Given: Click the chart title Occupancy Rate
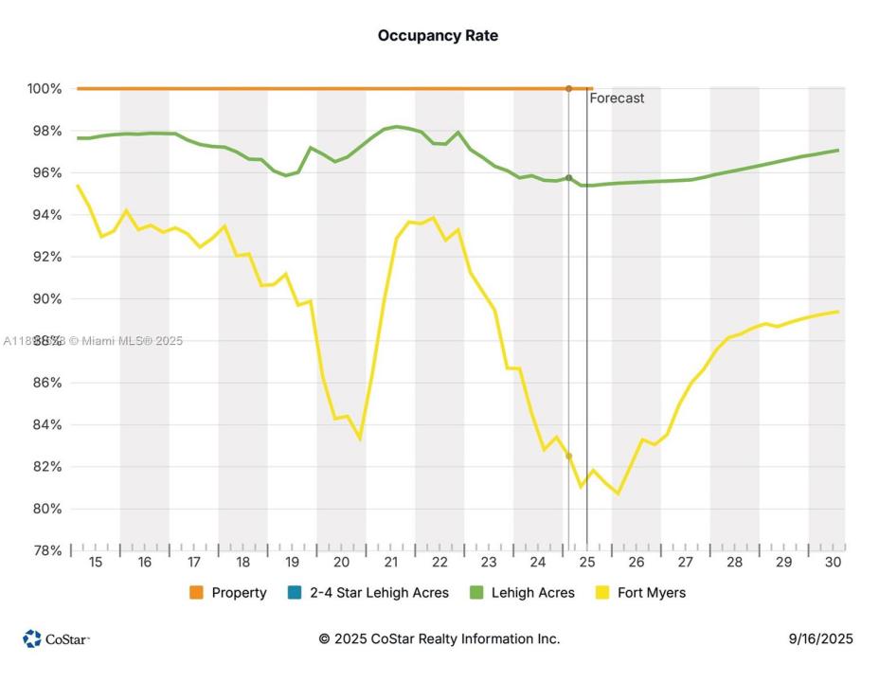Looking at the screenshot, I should (438, 36).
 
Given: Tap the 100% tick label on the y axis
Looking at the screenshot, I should (44, 89).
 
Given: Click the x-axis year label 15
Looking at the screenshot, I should (95, 562).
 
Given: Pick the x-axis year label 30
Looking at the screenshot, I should (834, 562).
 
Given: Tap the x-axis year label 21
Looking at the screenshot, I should (390, 562).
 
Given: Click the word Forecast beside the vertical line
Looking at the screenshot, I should (617, 98).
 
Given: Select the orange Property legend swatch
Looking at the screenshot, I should (196, 593).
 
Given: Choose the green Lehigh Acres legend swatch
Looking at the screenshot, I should (476, 593).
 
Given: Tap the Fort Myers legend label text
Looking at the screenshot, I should (652, 593).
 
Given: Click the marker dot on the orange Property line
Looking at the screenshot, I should (568, 89).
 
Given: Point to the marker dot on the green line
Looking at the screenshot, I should (568, 178).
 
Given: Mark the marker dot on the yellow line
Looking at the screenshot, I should (568, 457).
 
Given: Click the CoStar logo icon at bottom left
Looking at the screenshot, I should (32, 639).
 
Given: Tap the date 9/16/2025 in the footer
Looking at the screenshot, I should (820, 639).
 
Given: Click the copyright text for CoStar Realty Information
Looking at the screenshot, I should (439, 639).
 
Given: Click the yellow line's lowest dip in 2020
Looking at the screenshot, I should (360, 440).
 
